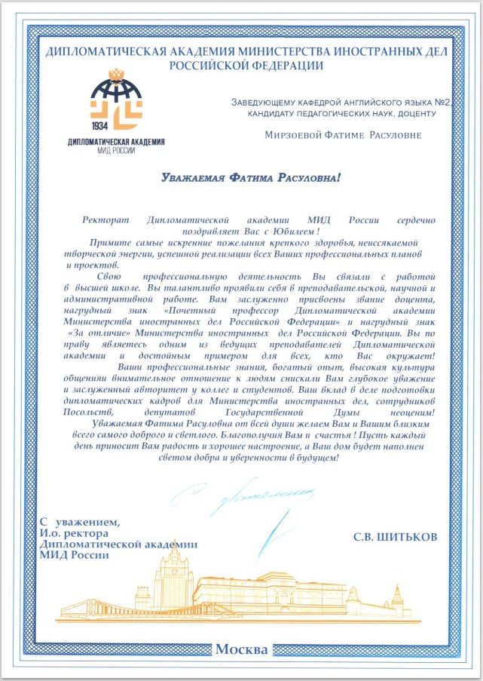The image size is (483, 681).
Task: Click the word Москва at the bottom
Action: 241,649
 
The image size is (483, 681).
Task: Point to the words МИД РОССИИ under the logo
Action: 115,150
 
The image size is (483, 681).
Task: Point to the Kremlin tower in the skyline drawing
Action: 397,600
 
